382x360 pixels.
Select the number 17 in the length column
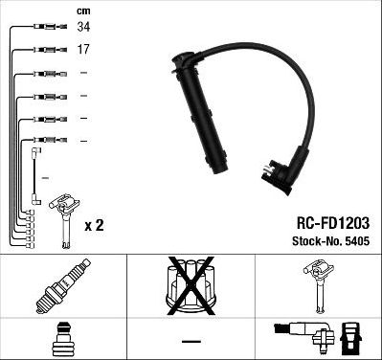[x=84, y=49]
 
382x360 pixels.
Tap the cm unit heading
[x=82, y=9]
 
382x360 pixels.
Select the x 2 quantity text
[x=94, y=225]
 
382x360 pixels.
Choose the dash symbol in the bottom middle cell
[x=191, y=342]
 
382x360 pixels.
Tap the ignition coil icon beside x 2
[x=64, y=216]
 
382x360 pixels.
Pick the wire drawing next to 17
[x=48, y=49]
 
